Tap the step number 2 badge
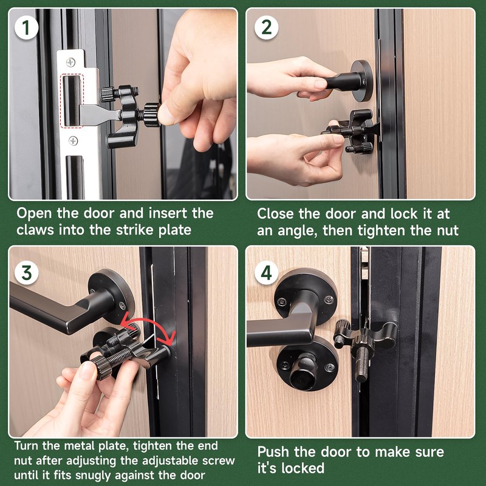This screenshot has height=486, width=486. pos(267,27)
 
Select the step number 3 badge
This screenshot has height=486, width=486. pos(26,273)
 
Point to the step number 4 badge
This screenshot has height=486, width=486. pos(267,273)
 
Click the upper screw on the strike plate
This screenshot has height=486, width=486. pos(70,62)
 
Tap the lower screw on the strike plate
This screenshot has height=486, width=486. pos(73,141)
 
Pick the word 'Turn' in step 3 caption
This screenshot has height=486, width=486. pos(26,446)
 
